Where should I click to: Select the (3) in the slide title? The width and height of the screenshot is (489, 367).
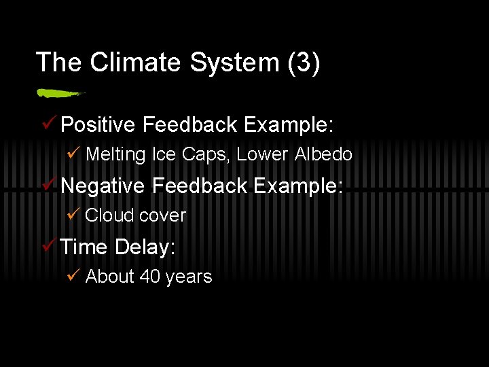(x=304, y=63)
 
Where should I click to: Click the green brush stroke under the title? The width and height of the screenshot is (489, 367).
(x=60, y=92)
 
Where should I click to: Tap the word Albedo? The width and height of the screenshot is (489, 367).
(x=323, y=155)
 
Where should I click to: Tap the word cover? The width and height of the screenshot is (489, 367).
(x=162, y=215)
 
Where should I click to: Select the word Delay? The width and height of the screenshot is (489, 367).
(x=145, y=247)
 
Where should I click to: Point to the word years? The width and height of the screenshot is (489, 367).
(x=189, y=277)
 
